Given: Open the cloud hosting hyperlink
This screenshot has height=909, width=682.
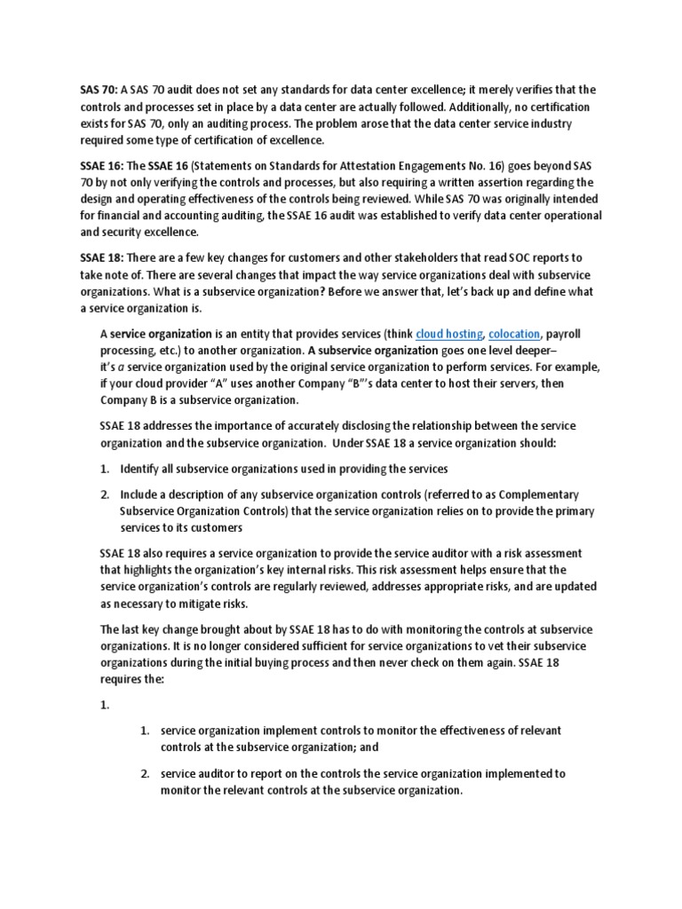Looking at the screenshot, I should click(x=448, y=335).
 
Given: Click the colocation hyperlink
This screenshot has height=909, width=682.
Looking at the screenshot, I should click(x=514, y=335).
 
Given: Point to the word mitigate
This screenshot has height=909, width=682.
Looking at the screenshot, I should click(x=211, y=604).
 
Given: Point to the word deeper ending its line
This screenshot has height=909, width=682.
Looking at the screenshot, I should click(x=557, y=351).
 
